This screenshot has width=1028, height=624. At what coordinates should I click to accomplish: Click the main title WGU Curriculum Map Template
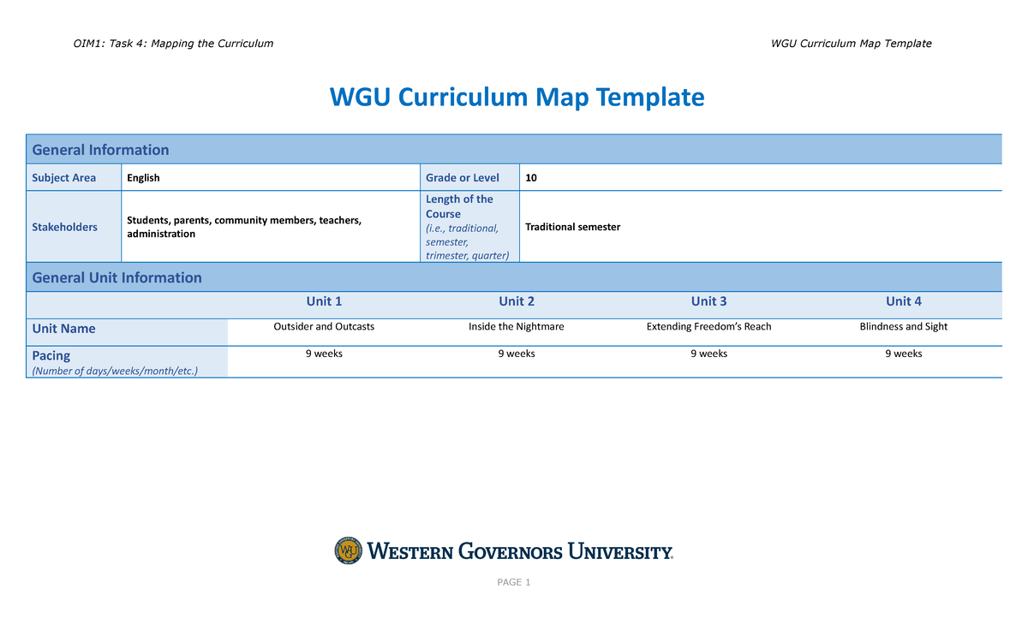517,98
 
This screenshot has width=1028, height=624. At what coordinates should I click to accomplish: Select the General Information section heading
100,150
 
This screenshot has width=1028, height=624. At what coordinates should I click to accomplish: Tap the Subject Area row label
64,178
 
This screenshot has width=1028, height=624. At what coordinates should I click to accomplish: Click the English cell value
143,178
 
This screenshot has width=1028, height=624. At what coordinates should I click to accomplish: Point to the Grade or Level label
463,178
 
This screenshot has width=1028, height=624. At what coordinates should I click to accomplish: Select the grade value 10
532,178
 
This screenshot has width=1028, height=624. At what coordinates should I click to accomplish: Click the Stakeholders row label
64,227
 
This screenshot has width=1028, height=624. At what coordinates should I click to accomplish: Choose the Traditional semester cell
572,227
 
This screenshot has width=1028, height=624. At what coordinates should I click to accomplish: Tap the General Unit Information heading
117,277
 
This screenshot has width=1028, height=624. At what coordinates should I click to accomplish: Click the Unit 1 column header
324,301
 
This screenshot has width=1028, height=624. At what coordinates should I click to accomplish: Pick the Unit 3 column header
708,301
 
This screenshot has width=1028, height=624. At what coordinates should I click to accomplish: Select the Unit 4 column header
904,301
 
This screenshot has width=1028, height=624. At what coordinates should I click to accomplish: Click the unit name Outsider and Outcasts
324,327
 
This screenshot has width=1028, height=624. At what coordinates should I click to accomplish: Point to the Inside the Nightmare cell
517,327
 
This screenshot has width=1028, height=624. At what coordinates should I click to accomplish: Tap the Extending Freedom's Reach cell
708,327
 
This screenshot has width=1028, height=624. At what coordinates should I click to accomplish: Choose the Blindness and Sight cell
904,327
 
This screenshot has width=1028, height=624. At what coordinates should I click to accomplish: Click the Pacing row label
51,355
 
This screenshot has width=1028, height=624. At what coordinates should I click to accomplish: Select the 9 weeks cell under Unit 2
517,354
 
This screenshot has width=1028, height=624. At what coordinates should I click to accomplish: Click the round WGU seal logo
349,551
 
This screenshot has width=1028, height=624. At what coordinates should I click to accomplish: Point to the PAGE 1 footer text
514,583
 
